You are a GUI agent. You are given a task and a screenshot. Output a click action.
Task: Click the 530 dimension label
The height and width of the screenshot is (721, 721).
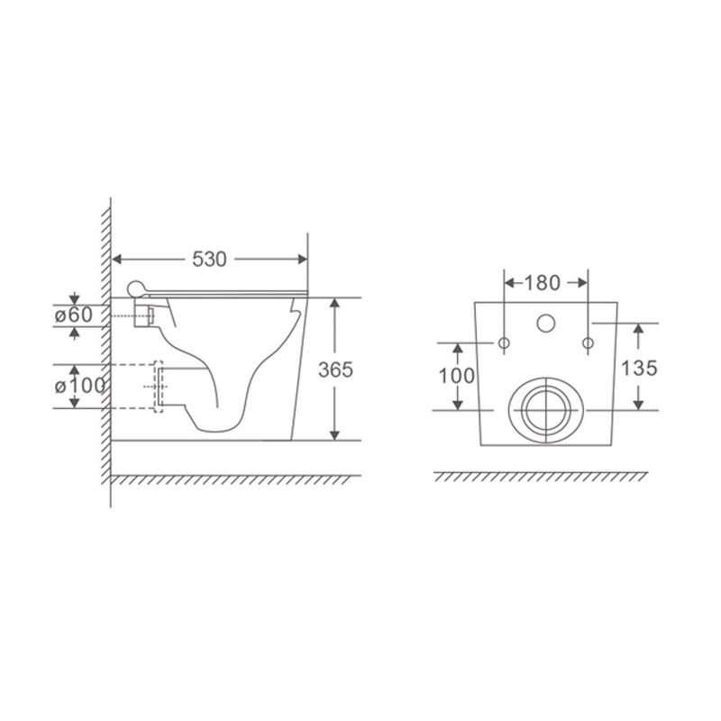tap(209, 260)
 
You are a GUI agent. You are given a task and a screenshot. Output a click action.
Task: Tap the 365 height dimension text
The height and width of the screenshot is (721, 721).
tap(335, 370)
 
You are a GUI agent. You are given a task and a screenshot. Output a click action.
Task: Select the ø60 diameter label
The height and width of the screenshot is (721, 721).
tap(74, 315)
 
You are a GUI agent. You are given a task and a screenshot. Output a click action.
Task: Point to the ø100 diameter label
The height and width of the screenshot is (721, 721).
tap(80, 386)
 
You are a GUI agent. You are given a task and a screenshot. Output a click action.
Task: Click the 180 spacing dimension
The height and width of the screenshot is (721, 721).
tap(543, 283)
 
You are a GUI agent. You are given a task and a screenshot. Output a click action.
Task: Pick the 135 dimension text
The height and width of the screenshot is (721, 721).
tap(639, 368)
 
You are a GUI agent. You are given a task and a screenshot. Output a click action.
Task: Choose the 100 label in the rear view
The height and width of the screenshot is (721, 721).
tap(457, 376)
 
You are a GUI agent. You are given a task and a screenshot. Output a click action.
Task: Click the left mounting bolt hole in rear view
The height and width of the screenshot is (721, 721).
tap(504, 343)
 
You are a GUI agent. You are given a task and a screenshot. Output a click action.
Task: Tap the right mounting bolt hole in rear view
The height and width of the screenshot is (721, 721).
tap(588, 343)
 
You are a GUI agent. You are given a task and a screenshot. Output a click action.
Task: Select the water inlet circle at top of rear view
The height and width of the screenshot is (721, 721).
tap(546, 324)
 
